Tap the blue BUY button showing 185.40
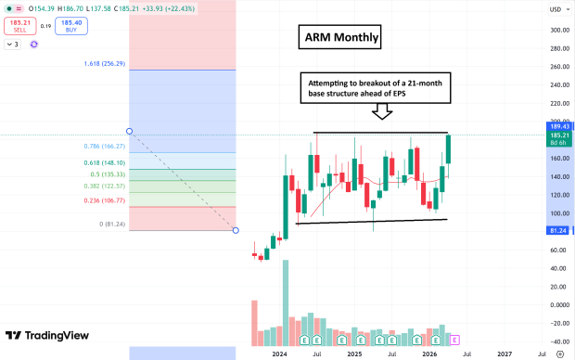tap(70, 25)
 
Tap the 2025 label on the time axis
tap(354, 354)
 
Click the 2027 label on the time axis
tap(505, 354)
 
